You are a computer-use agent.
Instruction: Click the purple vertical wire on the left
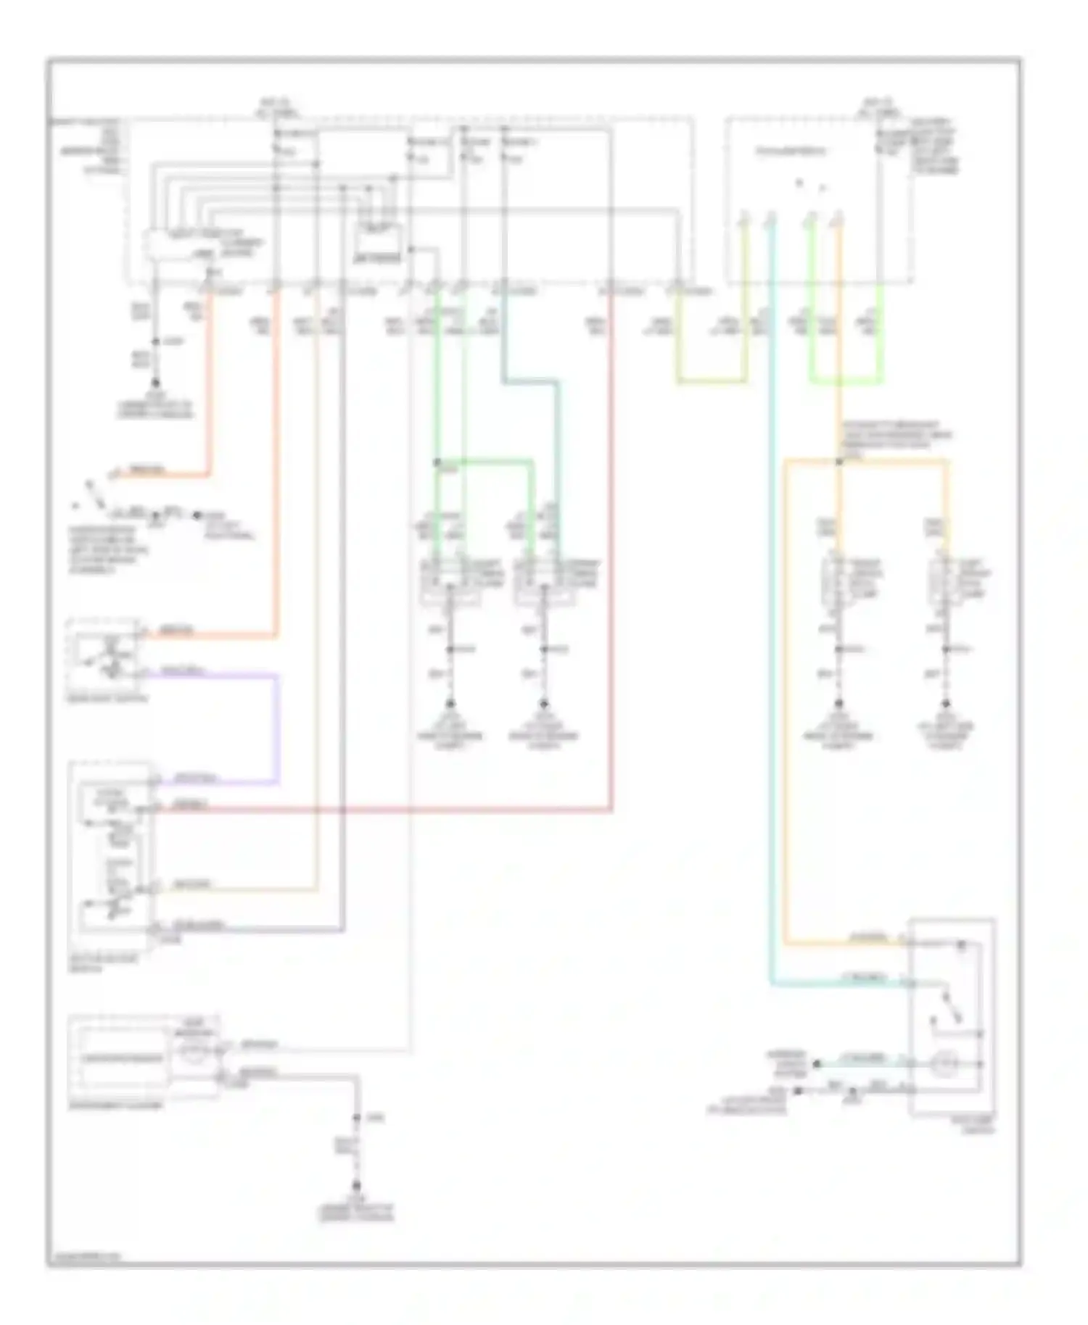tap(277, 728)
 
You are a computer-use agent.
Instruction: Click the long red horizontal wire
tap(377, 810)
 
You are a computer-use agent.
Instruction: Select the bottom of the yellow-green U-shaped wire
tap(712, 381)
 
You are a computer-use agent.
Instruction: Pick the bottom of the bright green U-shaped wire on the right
tap(846, 381)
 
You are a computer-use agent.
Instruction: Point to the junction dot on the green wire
tap(437, 461)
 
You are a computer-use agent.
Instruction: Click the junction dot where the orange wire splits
tap(839, 461)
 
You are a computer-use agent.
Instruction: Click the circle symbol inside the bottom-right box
tap(945, 1064)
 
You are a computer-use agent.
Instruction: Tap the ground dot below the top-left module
tap(155, 382)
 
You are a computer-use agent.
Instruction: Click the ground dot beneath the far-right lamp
tap(946, 703)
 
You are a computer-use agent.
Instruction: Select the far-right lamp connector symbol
tap(945, 580)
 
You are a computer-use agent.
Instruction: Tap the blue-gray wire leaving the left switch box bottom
tap(247, 929)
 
